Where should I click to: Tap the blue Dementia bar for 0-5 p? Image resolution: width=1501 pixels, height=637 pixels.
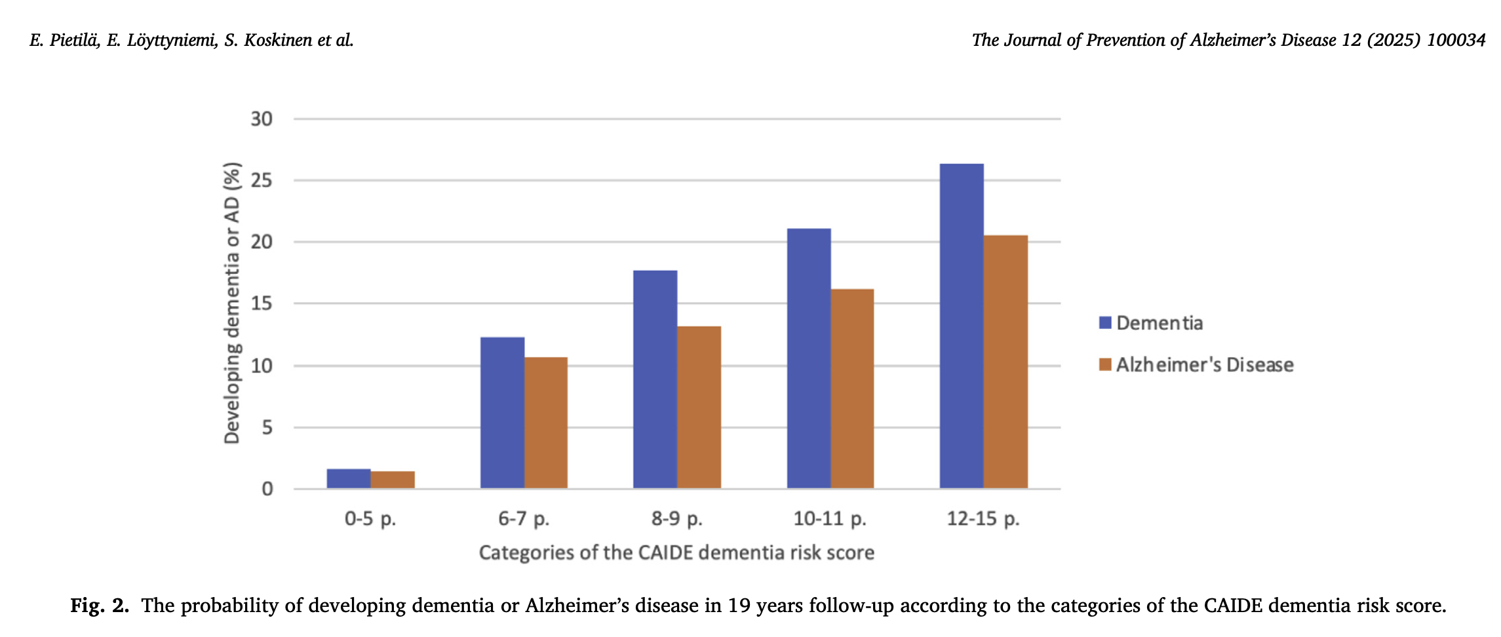(349, 478)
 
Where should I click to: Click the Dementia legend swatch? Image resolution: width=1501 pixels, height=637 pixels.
(1105, 322)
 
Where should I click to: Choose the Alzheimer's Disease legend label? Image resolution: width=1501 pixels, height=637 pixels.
(1205, 365)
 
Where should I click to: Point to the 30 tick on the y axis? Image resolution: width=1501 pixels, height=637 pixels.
(262, 119)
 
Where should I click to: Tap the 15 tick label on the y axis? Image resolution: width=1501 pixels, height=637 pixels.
(262, 303)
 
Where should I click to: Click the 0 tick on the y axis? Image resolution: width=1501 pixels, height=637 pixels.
(267, 489)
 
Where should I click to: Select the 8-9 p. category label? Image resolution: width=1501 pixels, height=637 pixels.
(676, 519)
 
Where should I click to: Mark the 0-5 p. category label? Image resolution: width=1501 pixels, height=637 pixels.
(370, 519)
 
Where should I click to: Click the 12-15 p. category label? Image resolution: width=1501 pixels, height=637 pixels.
(983, 519)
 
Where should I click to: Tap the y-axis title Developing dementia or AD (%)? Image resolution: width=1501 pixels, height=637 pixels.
(233, 303)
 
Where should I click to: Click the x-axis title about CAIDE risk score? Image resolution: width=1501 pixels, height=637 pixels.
(676, 552)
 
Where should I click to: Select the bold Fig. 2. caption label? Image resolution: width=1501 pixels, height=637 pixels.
(100, 605)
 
